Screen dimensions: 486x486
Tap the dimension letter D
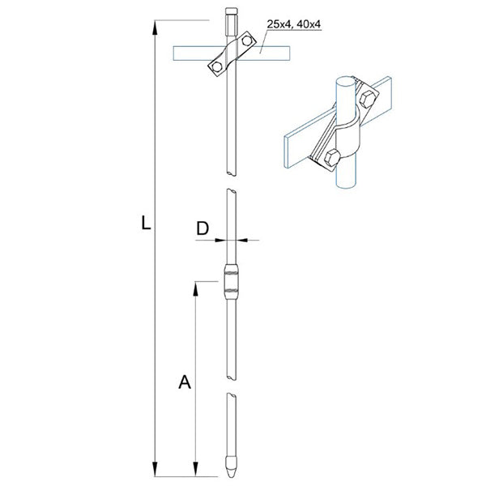pos(203,229)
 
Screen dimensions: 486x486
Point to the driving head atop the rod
pos(229,16)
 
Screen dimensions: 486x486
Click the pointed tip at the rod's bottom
pos(229,469)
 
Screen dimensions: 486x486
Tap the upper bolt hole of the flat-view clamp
pos(244,41)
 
